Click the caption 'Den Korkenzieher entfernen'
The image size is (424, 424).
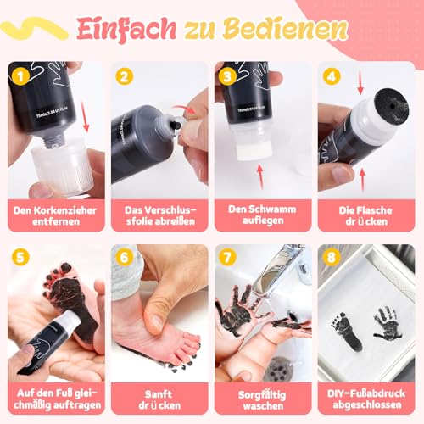pos(55,215)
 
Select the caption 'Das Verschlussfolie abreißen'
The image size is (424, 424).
pos(159,215)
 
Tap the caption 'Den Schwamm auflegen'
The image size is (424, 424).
pos(264,215)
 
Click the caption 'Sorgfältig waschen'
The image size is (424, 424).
pos(264,397)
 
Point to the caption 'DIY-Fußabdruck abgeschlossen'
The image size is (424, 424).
pos(368,397)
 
